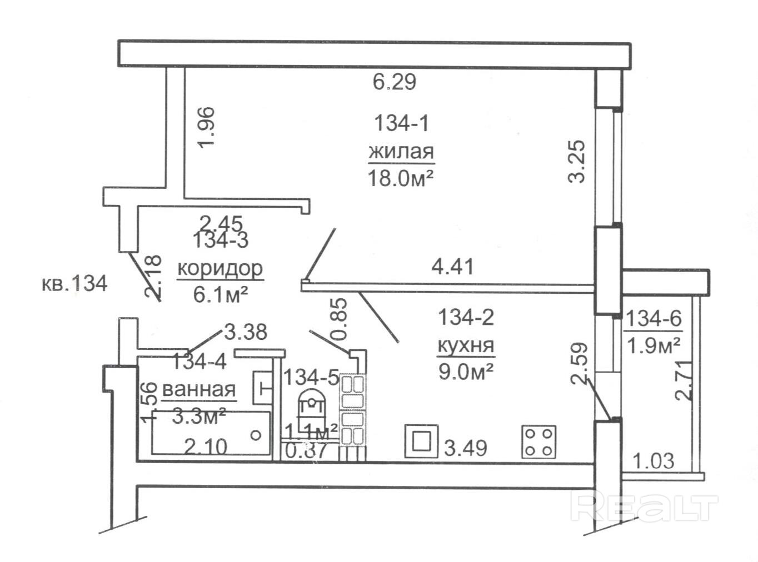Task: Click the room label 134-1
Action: [401, 123]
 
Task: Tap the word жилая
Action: [401, 151]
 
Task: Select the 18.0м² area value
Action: [400, 179]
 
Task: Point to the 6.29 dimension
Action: [394, 83]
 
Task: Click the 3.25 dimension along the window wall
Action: [577, 161]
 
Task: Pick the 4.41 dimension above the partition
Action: [453, 267]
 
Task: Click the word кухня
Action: [466, 345]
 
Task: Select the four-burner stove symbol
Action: [538, 442]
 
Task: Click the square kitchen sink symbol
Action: [421, 441]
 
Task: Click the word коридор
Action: [220, 269]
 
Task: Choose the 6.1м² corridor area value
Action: [220, 294]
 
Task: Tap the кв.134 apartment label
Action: [74, 284]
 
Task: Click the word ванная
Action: [199, 389]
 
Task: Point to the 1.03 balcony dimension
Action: [654, 460]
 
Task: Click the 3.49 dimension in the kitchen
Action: [466, 448]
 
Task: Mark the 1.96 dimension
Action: [205, 128]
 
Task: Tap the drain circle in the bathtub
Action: [256, 435]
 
